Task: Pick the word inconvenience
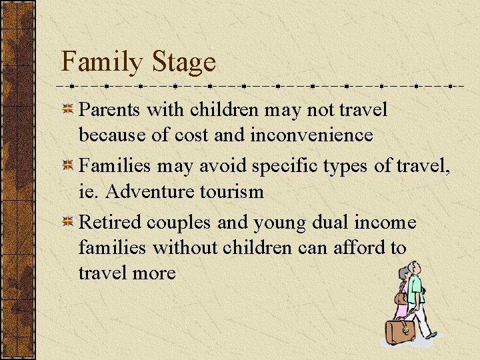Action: pos(311,135)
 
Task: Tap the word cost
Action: pos(191,135)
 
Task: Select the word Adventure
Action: pos(141,192)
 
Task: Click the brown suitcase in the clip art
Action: pos(400,331)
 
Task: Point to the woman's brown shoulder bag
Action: pos(401,298)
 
